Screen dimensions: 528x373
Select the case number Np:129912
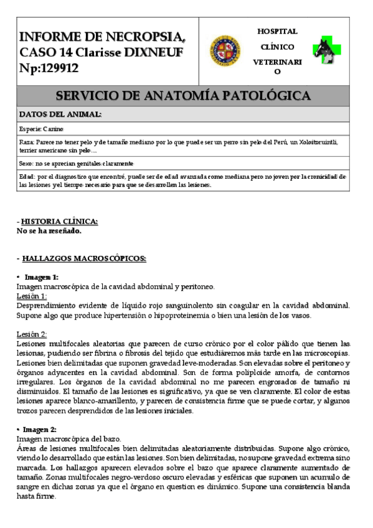[x=49, y=68]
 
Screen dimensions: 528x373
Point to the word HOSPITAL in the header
[x=277, y=31]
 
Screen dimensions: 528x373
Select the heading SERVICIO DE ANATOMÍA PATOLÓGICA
[x=183, y=96]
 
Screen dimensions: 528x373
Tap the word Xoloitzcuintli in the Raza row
[x=311, y=142]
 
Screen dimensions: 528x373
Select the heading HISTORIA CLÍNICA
[x=59, y=222]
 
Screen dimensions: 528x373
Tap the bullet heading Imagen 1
[x=41, y=276]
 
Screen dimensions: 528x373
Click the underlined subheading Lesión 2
[x=31, y=333]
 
